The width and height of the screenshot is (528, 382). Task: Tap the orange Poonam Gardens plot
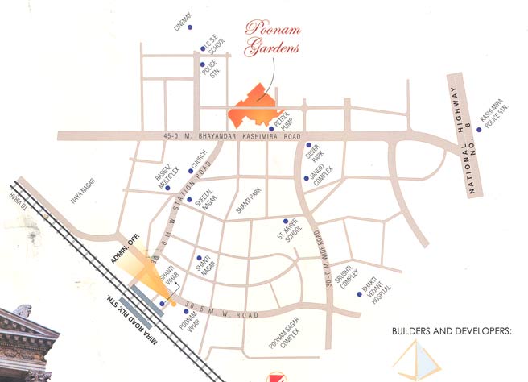point(254,106)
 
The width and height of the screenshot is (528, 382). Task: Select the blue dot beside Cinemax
point(191,27)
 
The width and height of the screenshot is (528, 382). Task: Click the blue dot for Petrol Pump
point(271,127)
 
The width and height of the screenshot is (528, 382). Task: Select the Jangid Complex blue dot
point(304,178)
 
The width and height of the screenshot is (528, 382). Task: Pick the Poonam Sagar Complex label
point(287,344)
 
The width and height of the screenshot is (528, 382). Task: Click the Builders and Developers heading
point(452,330)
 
